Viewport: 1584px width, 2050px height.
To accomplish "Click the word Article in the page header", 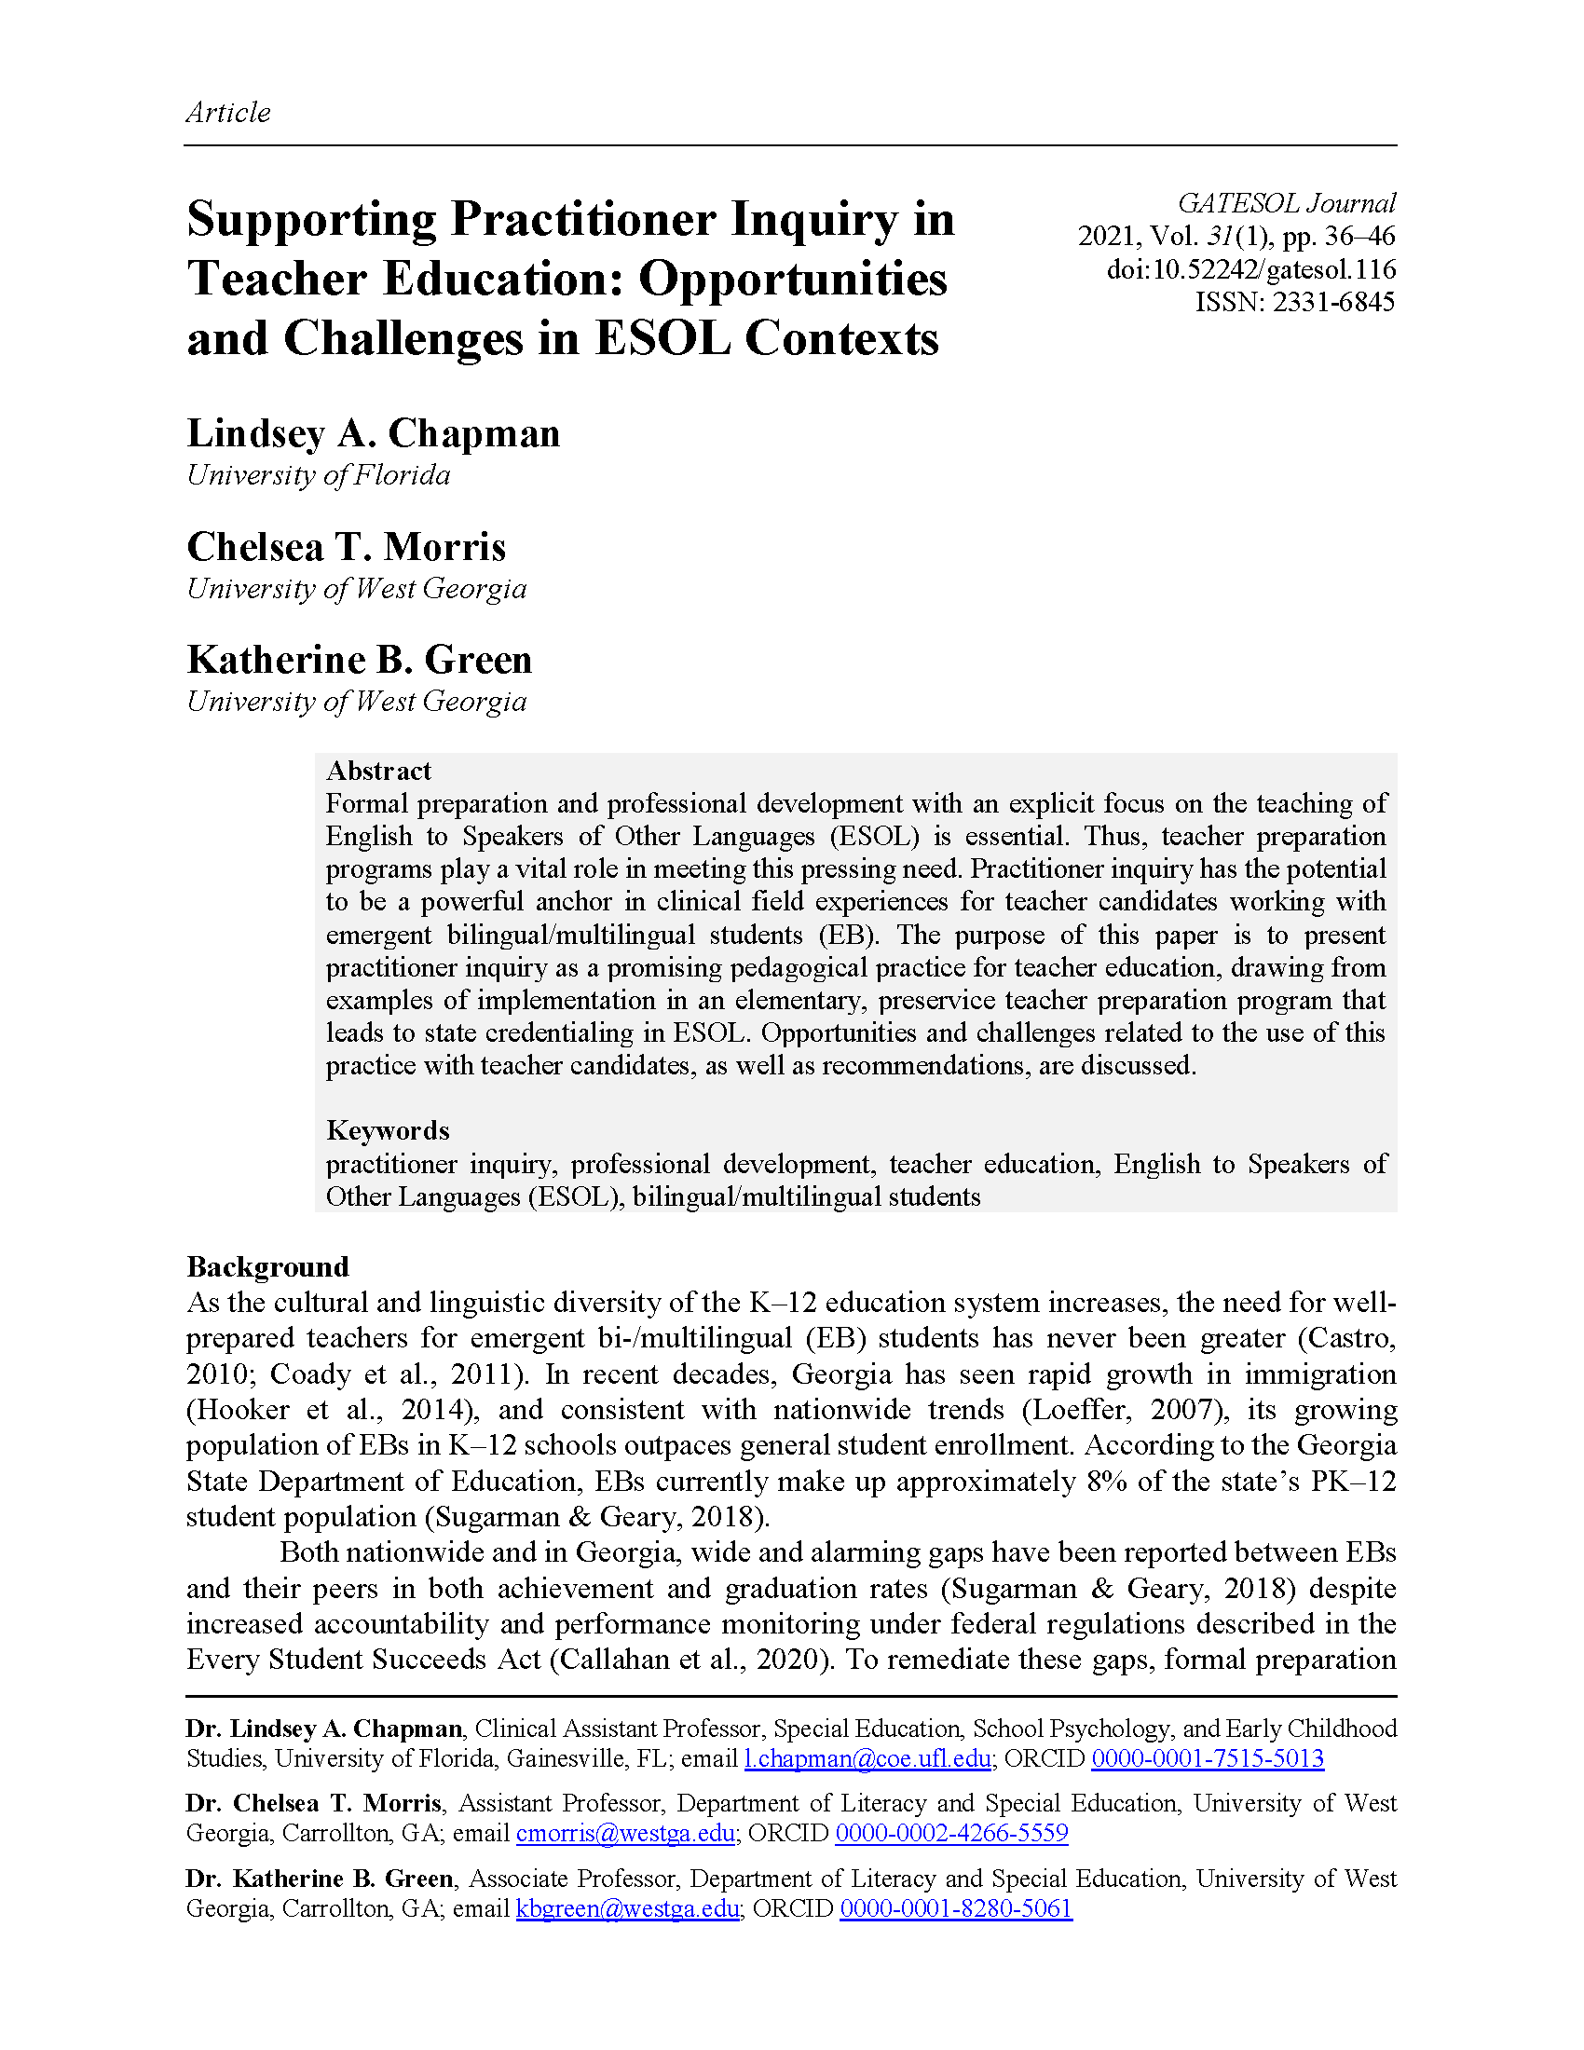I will click(x=228, y=112).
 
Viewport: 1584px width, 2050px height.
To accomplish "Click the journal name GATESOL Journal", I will click(x=1286, y=203).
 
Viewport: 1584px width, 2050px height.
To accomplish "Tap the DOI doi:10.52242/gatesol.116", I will click(x=1250, y=269).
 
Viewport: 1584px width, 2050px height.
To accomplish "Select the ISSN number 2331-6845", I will click(x=1332, y=302).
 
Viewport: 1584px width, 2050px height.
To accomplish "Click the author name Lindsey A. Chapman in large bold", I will click(x=373, y=433).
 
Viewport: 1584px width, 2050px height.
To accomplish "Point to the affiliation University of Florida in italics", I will click(x=318, y=475).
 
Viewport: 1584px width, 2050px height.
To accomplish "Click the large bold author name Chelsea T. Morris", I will click(x=347, y=547).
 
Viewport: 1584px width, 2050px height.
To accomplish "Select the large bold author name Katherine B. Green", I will click(x=360, y=660).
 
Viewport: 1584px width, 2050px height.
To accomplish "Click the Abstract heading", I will click(x=378, y=771).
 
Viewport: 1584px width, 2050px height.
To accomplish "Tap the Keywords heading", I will click(x=388, y=1130).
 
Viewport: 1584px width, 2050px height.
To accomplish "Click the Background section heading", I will click(x=267, y=1267).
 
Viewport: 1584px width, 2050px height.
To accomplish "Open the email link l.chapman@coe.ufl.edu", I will click(x=867, y=1758).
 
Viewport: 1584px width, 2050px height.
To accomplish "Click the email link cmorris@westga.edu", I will click(x=625, y=1833).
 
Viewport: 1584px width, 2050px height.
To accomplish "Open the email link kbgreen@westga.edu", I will click(x=628, y=1908).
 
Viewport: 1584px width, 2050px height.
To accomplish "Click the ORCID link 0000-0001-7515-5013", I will click(x=1207, y=1758).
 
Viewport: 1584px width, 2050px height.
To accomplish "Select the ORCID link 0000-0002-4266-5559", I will click(x=951, y=1833).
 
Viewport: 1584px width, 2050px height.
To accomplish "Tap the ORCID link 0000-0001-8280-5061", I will click(x=955, y=1908).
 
